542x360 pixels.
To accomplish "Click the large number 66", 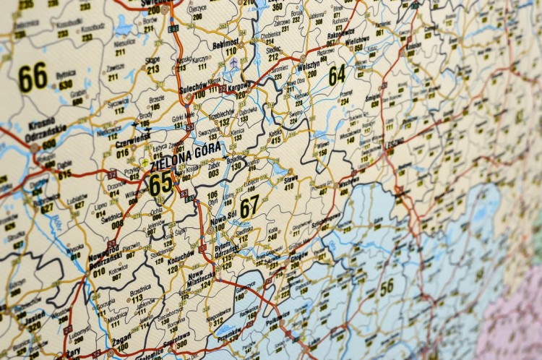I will [33, 77].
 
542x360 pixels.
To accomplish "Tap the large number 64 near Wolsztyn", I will [337, 74].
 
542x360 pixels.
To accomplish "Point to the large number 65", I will [160, 182].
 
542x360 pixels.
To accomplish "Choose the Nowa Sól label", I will [218, 220].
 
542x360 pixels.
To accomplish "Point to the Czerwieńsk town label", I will [132, 136].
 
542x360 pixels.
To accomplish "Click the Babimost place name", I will [231, 44].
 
